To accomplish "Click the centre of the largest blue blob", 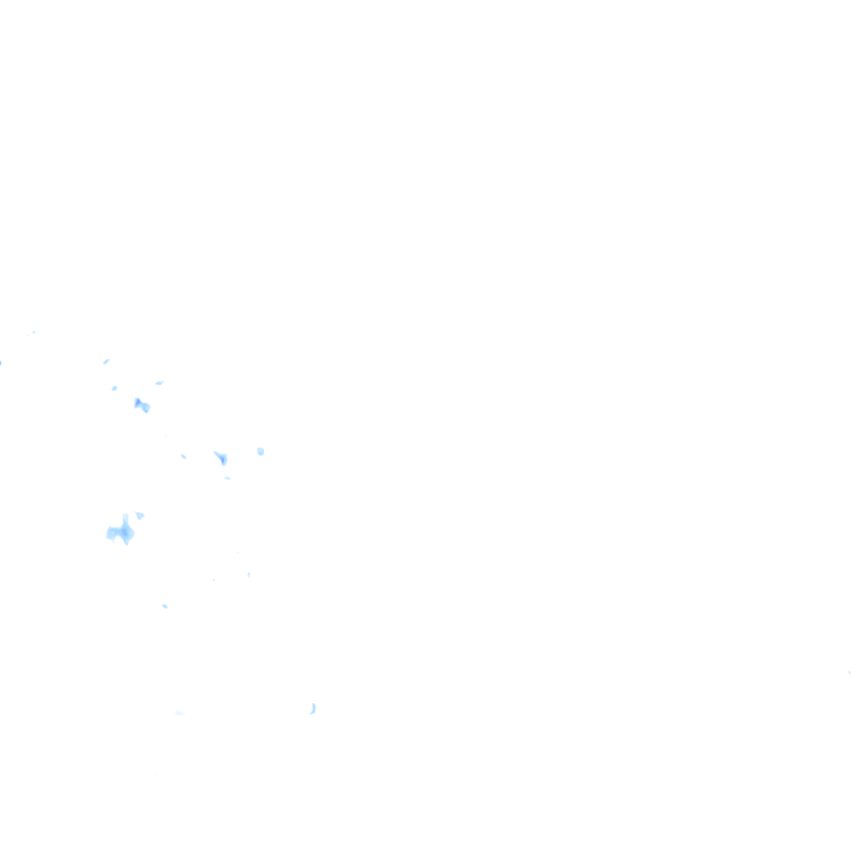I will pos(122,532).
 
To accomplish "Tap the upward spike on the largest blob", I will pos(125,518).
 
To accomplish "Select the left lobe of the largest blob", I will pos(111,533).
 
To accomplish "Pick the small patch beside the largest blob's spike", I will pos(139,514).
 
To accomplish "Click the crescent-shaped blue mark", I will pos(313,709).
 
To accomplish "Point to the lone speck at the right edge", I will pos(849,672).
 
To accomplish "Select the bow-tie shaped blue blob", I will pos(142,406).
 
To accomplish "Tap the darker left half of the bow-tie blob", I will pos(138,403).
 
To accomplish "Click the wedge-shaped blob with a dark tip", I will pos(221,458).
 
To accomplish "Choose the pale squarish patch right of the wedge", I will pos(260,451).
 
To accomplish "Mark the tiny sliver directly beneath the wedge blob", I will pos(226,478).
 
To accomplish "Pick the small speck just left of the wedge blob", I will pos(183,456).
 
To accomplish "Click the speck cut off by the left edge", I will pos(1,362).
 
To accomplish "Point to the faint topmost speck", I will pos(33,332).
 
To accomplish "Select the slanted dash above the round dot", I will pos(107,361).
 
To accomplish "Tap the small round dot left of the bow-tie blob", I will pos(114,388).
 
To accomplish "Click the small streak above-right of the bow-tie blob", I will pos(159,383).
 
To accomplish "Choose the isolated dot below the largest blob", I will pos(164,605).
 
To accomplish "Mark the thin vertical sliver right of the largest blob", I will pos(248,575).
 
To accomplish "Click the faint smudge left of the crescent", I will pos(180,713).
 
